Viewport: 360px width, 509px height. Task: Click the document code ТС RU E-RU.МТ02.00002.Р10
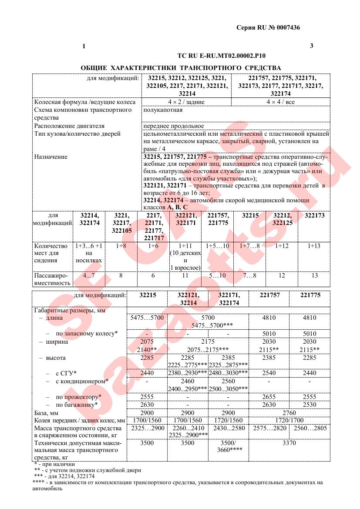pyautogui.click(x=222, y=56)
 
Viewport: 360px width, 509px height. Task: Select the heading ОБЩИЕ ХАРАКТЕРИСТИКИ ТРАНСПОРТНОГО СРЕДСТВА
pyautogui.click(x=181, y=68)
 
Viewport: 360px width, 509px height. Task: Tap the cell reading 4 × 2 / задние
pyautogui.click(x=186, y=102)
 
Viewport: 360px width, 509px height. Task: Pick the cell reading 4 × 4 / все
pyautogui.click(x=280, y=102)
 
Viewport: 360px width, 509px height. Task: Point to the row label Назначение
pyautogui.click(x=51, y=157)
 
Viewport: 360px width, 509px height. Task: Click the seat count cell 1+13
pyautogui.click(x=313, y=246)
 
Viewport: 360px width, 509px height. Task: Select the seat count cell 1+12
pyautogui.click(x=282, y=246)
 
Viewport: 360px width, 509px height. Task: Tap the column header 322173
pyautogui.click(x=314, y=215)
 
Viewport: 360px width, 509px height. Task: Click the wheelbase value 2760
pyautogui.click(x=289, y=413)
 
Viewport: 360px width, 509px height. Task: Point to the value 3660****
pyautogui.click(x=229, y=451)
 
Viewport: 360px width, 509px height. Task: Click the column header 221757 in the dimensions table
pyautogui.click(x=269, y=295)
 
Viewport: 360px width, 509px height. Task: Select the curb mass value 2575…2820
pyautogui.click(x=269, y=429)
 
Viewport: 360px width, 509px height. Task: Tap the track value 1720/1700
pyautogui.click(x=289, y=421)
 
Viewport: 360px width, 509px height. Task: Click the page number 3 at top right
pyautogui.click(x=311, y=46)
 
